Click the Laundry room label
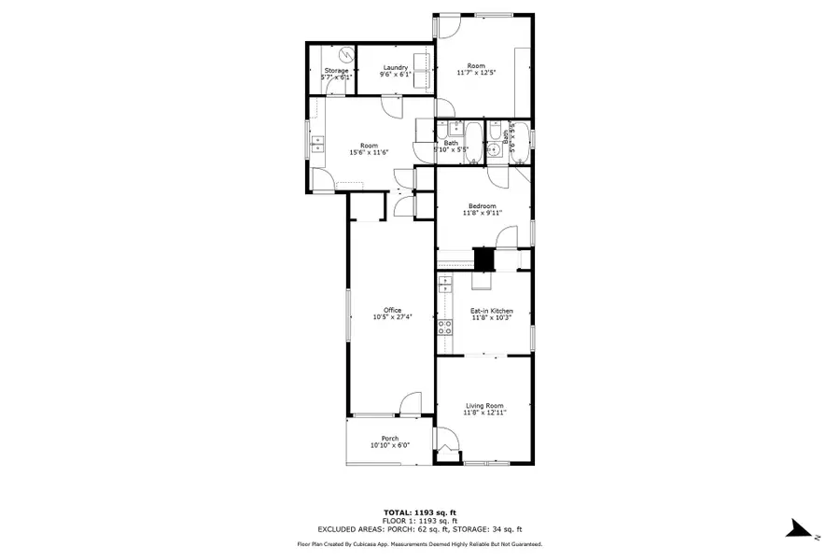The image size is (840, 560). (395, 66)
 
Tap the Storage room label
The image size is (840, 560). (336, 71)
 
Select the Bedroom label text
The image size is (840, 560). (482, 206)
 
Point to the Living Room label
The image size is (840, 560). (484, 405)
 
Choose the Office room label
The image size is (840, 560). (392, 311)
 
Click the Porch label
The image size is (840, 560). (390, 439)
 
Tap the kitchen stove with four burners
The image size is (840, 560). (445, 327)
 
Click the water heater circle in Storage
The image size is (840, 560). (345, 54)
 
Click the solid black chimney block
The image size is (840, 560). (483, 259)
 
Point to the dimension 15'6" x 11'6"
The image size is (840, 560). (368, 152)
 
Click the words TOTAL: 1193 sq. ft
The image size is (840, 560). (420, 512)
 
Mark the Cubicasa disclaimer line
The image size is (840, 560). (420, 543)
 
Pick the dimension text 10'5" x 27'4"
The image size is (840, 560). (392, 318)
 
